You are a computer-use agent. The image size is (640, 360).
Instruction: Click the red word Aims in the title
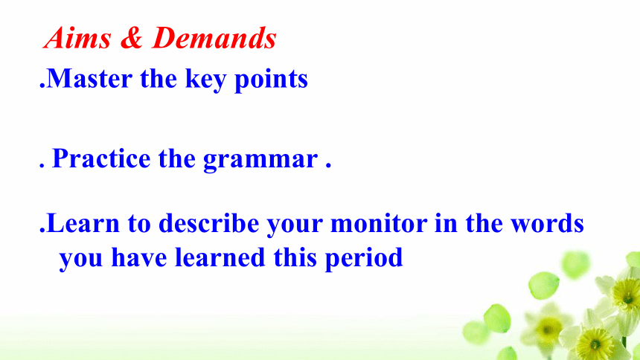pyautogui.click(x=77, y=38)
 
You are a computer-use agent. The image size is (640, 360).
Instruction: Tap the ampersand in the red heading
pyautogui.click(x=132, y=38)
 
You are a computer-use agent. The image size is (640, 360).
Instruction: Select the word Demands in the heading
pyautogui.click(x=214, y=38)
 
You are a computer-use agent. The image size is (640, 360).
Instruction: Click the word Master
pyautogui.click(x=90, y=78)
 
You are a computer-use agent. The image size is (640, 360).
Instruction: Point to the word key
pyautogui.click(x=205, y=79)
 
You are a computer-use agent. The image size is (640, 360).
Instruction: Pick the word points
pyautogui.click(x=271, y=79)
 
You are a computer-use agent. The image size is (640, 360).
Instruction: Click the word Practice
pyautogui.click(x=102, y=158)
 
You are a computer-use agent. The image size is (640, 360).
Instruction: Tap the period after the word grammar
pyautogui.click(x=328, y=166)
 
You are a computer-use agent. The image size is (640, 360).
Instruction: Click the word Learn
pyautogui.click(x=83, y=223)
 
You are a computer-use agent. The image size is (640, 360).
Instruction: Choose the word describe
pyautogui.click(x=208, y=222)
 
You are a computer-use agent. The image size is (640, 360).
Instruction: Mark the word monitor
pyautogui.click(x=379, y=223)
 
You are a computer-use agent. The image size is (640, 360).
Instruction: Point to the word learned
pyautogui.click(x=220, y=257)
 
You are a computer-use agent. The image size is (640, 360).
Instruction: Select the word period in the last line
pyautogui.click(x=364, y=258)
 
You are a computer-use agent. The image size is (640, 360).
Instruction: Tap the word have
pyautogui.click(x=139, y=257)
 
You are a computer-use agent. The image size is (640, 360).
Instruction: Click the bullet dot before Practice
pyautogui.click(x=42, y=166)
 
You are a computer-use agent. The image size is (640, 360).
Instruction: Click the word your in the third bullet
pyautogui.click(x=295, y=225)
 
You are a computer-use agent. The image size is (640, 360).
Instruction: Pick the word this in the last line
pyautogui.click(x=295, y=257)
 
